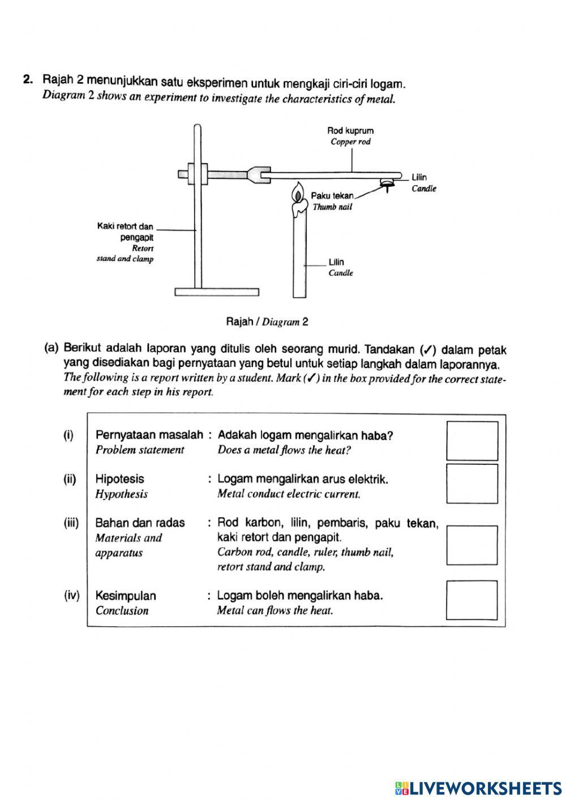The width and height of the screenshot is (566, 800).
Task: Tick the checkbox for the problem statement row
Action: coord(472,440)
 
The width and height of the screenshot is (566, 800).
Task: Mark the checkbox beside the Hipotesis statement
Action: coord(472,484)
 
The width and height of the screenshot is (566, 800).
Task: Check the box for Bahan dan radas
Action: coord(472,545)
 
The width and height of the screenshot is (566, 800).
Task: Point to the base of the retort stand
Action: coord(217,292)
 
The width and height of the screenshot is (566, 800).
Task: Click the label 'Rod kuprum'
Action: coord(350,130)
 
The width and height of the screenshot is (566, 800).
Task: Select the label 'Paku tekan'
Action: coord(332,196)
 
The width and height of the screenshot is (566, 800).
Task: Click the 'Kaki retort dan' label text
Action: coord(125,226)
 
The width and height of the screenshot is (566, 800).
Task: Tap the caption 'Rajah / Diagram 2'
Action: coord(267,322)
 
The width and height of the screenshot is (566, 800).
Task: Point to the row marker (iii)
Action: coord(71,523)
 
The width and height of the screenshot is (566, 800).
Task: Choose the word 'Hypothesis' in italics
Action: coord(121,494)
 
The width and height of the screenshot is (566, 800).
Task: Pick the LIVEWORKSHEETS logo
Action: coord(478,788)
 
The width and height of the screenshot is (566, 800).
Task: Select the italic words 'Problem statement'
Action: coord(140,450)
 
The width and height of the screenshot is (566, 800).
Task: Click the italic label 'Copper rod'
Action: coord(350,142)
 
